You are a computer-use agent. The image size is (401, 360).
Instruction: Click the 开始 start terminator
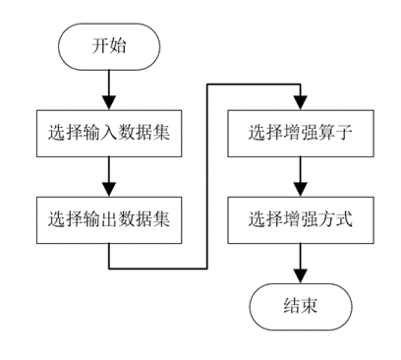pyautogui.click(x=107, y=46)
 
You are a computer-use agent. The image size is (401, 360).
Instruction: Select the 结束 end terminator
pyautogui.click(x=300, y=306)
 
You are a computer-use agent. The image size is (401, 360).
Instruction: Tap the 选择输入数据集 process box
pyautogui.click(x=108, y=133)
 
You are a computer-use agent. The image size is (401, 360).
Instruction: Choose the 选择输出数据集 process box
pyautogui.click(x=108, y=219)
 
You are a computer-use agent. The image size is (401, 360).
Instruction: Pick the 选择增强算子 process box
pyautogui.click(x=300, y=133)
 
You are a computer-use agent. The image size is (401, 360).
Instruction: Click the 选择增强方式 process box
pyautogui.click(x=300, y=219)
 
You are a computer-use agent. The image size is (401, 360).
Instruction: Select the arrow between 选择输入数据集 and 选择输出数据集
pyautogui.click(x=107, y=176)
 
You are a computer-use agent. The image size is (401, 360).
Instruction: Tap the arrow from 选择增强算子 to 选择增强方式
pyautogui.click(x=300, y=176)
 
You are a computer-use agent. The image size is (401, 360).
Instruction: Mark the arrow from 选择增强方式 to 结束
pyautogui.click(x=300, y=263)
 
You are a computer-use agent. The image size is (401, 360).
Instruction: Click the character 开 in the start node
pyautogui.click(x=98, y=46)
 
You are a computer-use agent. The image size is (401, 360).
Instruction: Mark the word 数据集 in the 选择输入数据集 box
pyautogui.click(x=143, y=133)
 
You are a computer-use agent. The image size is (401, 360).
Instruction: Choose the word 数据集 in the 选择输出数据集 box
pyautogui.click(x=143, y=219)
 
